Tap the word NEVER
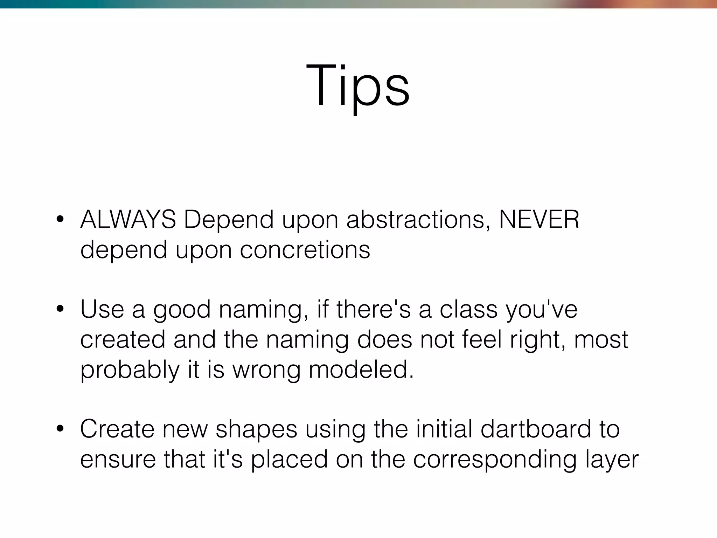click(x=539, y=220)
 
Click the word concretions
click(x=305, y=250)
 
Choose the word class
click(x=468, y=309)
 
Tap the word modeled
click(x=361, y=370)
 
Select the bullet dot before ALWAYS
click(x=60, y=220)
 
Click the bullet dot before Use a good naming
click(x=60, y=309)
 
